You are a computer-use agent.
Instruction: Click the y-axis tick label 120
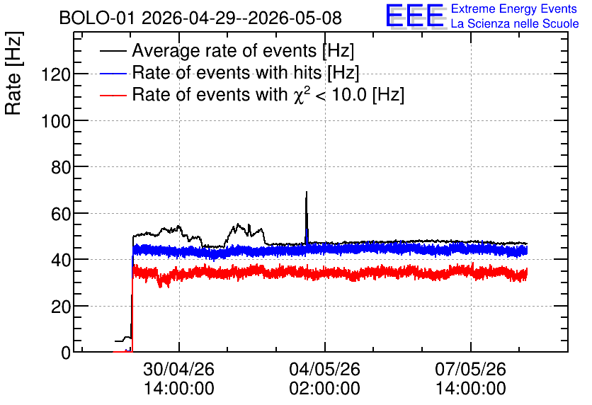[56, 74]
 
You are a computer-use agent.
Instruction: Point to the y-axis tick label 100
[56, 121]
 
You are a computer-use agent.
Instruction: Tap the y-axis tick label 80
[61, 167]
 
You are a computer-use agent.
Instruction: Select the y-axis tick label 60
[61, 214]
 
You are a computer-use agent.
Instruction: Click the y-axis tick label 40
[61, 260]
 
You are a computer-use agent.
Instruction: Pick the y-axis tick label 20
[61, 307]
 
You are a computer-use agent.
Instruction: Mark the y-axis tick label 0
[66, 353]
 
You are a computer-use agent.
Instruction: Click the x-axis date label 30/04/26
[179, 369]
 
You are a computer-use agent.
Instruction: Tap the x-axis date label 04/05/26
[325, 369]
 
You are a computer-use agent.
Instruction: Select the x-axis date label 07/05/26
[471, 369]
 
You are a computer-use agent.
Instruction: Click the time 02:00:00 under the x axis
[325, 388]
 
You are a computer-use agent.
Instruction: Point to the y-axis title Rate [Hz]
[13, 73]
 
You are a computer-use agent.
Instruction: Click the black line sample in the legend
[113, 51]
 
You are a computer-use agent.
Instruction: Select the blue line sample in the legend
[113, 73]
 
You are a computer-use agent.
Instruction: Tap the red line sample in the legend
[113, 95]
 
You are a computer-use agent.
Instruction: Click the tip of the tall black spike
[307, 192]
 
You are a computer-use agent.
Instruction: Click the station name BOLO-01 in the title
[97, 18]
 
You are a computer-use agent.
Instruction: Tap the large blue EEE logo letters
[416, 16]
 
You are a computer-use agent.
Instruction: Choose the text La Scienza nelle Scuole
[515, 23]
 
